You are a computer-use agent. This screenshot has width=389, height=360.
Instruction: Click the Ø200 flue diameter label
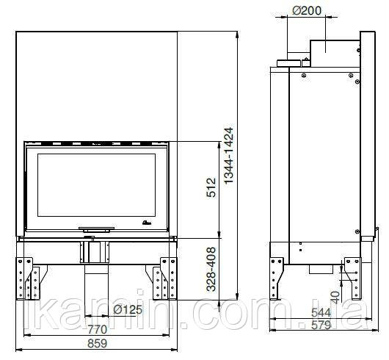pyautogui.click(x=307, y=10)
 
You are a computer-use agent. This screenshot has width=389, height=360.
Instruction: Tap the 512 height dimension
pyautogui.click(x=211, y=187)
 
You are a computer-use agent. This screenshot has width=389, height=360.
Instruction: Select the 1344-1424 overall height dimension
pyautogui.click(x=228, y=155)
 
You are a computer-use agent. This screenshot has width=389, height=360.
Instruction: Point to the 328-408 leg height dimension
pyautogui.click(x=211, y=269)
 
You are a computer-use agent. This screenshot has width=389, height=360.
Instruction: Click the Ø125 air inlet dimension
pyautogui.click(x=128, y=309)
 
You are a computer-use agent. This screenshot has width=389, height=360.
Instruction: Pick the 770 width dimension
pyautogui.click(x=97, y=329)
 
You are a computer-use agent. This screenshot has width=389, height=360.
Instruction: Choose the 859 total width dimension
pyautogui.click(x=97, y=343)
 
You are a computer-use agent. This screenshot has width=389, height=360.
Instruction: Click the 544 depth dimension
pyautogui.click(x=321, y=312)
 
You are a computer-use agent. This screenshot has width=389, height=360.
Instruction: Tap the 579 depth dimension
pyautogui.click(x=321, y=325)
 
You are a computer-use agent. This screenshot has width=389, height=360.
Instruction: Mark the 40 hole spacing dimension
pyautogui.click(x=335, y=298)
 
